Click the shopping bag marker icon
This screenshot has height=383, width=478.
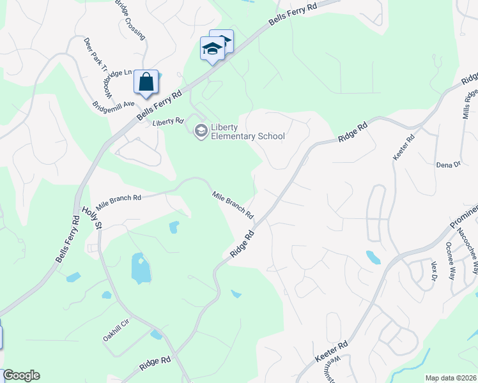point(146,82)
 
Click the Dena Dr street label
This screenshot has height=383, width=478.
point(448,165)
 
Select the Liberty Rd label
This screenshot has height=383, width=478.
point(168,121)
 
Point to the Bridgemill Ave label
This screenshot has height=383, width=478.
point(113,103)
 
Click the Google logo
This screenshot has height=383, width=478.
point(21,375)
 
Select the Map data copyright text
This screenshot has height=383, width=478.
point(451,378)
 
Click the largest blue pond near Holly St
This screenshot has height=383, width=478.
point(140,268)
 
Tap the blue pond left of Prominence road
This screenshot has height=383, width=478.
point(373,257)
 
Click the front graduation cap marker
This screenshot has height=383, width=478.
point(212,50)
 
